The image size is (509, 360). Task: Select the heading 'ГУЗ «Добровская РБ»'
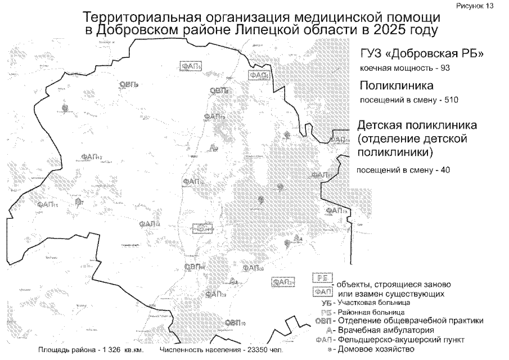(422, 54)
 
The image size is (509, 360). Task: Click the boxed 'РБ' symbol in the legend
(322, 279)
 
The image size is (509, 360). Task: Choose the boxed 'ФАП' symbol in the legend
(322, 292)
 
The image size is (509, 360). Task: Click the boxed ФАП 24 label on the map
(283, 282)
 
